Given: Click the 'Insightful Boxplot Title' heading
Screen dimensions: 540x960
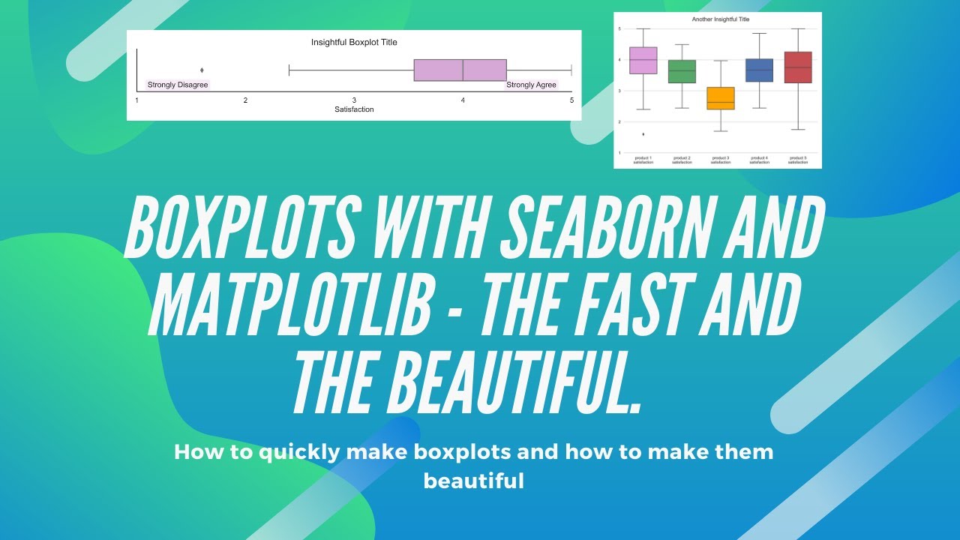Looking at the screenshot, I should click(354, 43).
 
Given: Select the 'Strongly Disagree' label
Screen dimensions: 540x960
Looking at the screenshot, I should click(178, 85).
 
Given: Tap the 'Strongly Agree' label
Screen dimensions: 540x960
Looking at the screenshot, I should click(531, 85).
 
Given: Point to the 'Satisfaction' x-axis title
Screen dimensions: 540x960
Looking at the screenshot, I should click(354, 109).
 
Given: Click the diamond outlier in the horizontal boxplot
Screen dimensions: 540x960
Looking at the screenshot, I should click(202, 70).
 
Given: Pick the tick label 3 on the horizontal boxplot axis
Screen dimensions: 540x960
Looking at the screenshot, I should click(354, 100).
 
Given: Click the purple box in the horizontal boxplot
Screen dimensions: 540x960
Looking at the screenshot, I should click(460, 70).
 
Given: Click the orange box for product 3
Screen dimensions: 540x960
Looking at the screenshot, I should click(721, 98).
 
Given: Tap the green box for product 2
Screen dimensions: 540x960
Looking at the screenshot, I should click(682, 71).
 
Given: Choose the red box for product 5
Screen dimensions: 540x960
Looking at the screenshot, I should click(798, 67).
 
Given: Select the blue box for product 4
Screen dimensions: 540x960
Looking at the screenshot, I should click(759, 70).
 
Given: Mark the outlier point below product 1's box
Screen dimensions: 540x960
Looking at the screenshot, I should click(643, 134).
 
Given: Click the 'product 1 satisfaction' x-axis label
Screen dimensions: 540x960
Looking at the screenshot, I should click(643, 160).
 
